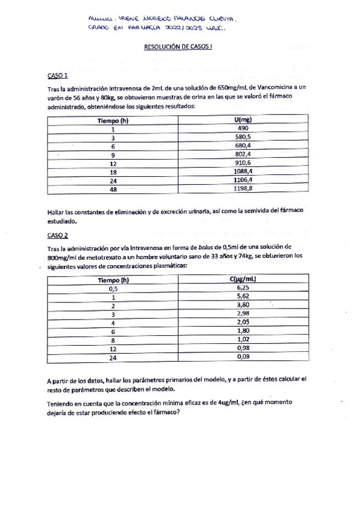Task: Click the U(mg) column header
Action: (x=242, y=120)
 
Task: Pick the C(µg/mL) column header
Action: (x=242, y=280)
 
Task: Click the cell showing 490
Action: (x=242, y=129)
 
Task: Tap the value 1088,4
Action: (x=242, y=172)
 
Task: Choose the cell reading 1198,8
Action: (x=242, y=189)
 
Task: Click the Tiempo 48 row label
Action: (x=113, y=189)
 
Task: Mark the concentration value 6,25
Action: (x=242, y=288)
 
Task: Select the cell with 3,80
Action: (x=242, y=305)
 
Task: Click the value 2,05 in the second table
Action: (x=242, y=323)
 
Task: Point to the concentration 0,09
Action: (x=242, y=357)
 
